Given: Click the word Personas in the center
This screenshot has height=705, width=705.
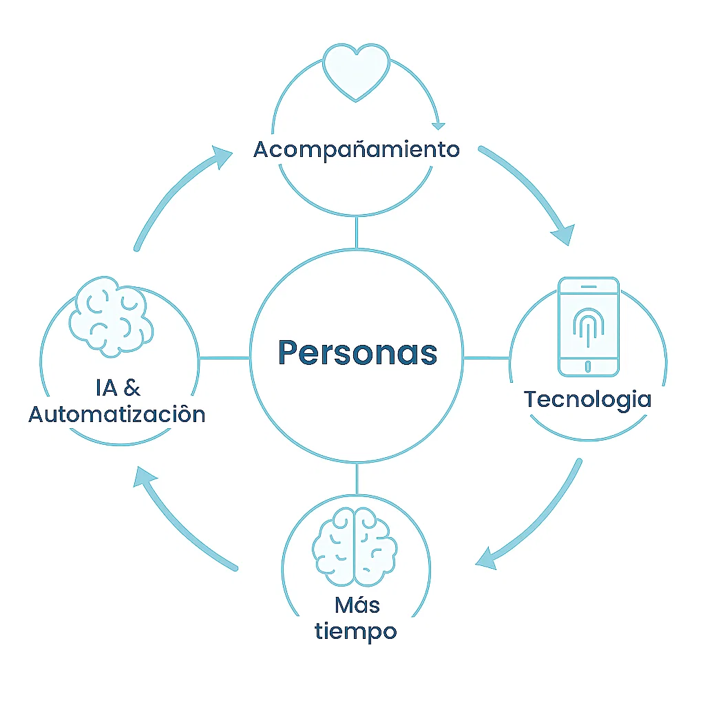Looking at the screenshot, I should [357, 352].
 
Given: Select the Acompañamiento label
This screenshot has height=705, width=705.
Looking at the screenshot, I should [357, 149].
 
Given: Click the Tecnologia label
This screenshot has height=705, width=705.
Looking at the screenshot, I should [587, 399].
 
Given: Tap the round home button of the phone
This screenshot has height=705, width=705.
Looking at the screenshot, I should [587, 366].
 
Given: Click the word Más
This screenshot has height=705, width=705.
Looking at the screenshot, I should [357, 605].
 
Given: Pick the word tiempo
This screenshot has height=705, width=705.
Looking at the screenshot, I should [356, 631].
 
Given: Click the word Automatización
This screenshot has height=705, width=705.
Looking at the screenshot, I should [117, 414].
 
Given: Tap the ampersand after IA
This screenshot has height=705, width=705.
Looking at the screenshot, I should [131, 388].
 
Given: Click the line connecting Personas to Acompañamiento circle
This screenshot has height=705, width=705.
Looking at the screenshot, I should [356, 232].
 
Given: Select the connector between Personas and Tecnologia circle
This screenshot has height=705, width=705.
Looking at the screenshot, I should [487, 358].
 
